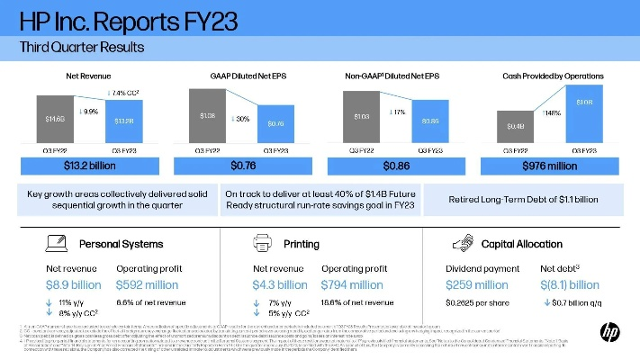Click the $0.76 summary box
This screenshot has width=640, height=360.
[244, 166]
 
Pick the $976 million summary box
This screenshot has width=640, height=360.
[551, 166]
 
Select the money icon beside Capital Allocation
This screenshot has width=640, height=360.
[464, 243]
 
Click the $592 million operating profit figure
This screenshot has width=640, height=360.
[148, 284]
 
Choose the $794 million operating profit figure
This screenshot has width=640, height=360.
[354, 284]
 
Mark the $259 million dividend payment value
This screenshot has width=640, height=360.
[478, 284]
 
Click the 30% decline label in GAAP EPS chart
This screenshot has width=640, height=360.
[241, 119]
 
